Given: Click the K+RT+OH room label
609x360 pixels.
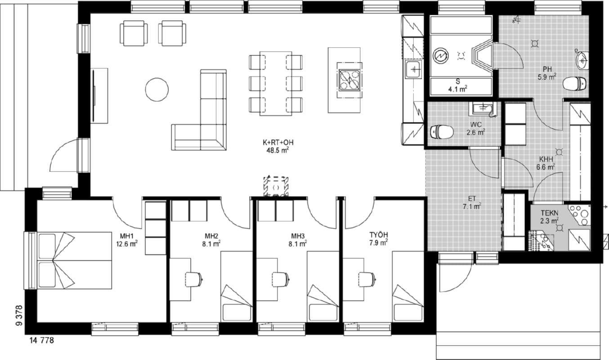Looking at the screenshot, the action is click(278, 142).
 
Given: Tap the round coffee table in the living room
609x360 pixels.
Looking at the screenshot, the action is click(157, 90).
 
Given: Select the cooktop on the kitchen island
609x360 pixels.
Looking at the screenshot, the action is click(349, 80).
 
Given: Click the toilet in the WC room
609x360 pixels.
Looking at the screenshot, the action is click(442, 132).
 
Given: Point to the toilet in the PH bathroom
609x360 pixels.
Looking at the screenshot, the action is click(574, 83).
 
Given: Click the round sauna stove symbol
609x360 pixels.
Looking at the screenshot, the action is click(441, 56).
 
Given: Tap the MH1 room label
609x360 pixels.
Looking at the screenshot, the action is click(127, 236).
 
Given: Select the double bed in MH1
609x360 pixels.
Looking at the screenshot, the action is click(74, 261).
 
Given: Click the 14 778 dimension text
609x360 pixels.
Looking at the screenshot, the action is click(41, 340).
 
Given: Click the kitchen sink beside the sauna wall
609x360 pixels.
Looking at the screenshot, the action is click(413, 70).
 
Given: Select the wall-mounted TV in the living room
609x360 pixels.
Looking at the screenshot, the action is click(94, 95).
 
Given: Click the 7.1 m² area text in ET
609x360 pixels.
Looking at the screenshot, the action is click(472, 206).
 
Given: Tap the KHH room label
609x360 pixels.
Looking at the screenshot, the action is click(546, 159).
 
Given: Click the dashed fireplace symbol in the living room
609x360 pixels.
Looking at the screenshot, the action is click(276, 187).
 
